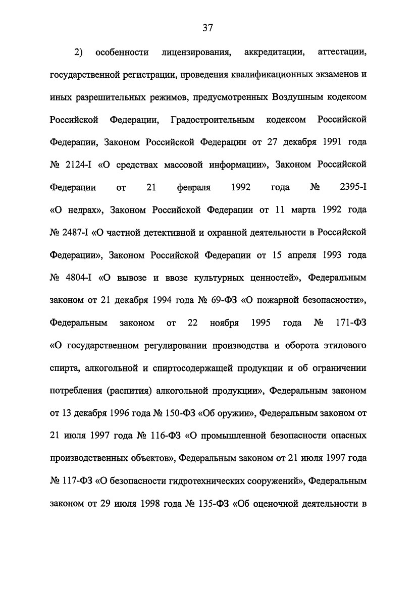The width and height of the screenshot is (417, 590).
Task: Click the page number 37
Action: pos(208,28)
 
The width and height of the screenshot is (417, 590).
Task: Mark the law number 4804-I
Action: pos(77,277)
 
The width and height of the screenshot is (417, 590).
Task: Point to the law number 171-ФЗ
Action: pos(350,322)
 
